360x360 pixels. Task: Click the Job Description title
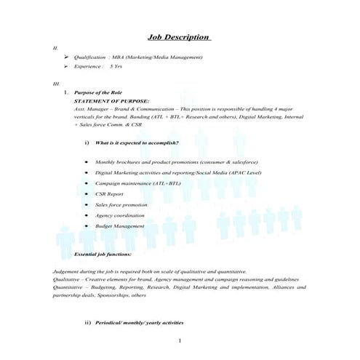click(179, 37)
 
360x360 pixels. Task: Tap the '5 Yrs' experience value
click(116, 66)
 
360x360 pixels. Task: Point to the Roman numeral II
click(55, 47)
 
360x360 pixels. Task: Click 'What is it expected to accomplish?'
click(137, 143)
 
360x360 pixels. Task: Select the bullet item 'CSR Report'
click(109, 194)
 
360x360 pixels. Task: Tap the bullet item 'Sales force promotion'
click(121, 205)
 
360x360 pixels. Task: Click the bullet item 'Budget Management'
click(119, 226)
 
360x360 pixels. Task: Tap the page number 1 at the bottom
click(180, 340)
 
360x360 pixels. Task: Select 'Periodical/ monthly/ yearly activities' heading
click(139, 322)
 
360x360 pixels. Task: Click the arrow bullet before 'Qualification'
click(66, 56)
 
